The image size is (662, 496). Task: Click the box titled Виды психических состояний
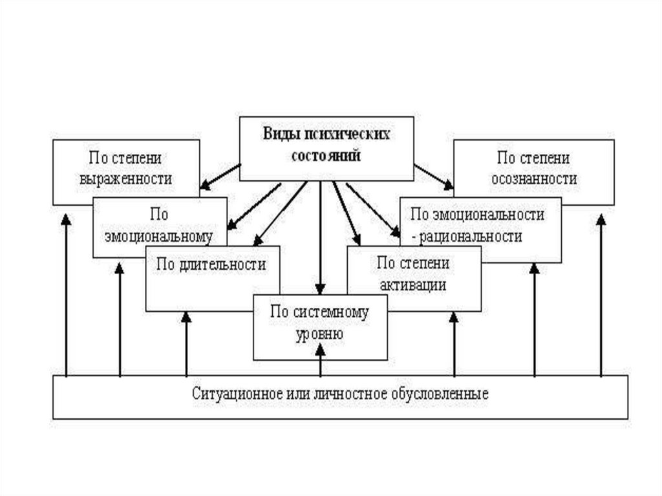pyautogui.click(x=326, y=148)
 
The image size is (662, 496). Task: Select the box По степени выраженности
pyautogui.click(x=126, y=169)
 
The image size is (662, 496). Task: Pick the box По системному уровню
pyautogui.click(x=320, y=327)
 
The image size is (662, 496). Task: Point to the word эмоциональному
pyautogui.click(x=159, y=237)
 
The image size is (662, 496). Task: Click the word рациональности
pyautogui.click(x=471, y=237)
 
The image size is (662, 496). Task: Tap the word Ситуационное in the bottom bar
pyautogui.click(x=228, y=393)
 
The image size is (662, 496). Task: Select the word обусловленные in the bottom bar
pyautogui.click(x=445, y=393)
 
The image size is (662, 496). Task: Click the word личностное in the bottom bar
pyautogui.click(x=350, y=393)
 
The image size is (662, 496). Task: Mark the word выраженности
pyautogui.click(x=126, y=179)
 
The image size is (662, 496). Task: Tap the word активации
pyautogui.click(x=413, y=285)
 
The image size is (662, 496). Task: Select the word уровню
pyautogui.click(x=319, y=335)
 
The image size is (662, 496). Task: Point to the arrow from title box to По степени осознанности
pyautogui.click(x=434, y=177)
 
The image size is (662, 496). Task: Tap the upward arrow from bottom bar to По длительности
pyautogui.click(x=186, y=343)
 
